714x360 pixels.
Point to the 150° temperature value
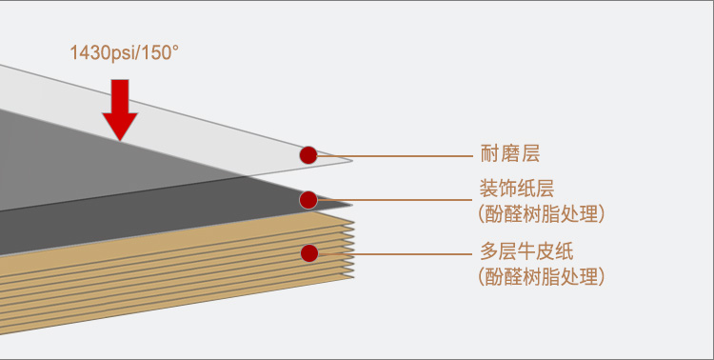tap(160, 53)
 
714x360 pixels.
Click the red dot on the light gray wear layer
tap(307, 154)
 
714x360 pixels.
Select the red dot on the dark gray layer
tap(307, 200)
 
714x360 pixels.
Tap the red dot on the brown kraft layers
tap(308, 253)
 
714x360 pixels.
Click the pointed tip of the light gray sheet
tap(349, 161)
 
